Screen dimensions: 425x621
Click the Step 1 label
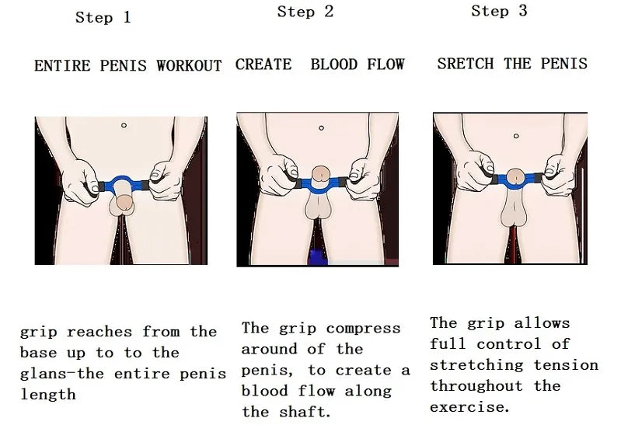(x=103, y=17)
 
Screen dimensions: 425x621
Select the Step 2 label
(x=305, y=12)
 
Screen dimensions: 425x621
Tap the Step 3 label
(x=499, y=11)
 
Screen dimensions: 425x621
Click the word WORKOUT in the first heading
(x=189, y=66)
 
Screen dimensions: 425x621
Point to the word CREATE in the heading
(x=263, y=64)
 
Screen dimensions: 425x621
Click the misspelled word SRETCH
(x=466, y=64)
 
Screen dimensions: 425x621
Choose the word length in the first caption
(x=47, y=395)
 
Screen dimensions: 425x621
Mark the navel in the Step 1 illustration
(x=124, y=125)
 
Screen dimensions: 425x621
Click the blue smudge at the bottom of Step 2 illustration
(x=317, y=257)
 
